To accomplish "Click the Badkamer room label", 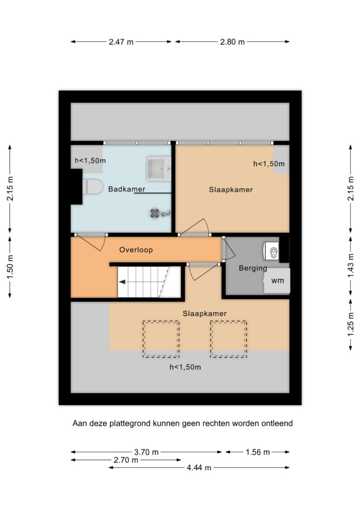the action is tap(127, 189).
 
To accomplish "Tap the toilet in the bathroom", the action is tap(92, 187).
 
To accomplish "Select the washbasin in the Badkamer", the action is tap(159, 169).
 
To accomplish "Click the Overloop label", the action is tap(136, 250).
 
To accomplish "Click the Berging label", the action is tap(253, 268).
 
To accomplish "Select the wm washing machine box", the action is tap(277, 281).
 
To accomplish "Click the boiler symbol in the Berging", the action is tap(271, 251).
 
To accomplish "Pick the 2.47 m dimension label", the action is tap(121, 42).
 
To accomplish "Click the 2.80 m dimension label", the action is tap(232, 42).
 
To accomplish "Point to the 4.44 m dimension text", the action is tap(199, 468).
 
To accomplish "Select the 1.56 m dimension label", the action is tap(258, 452).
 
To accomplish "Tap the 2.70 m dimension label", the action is tap(126, 460).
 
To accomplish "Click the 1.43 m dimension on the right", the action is tap(351, 265).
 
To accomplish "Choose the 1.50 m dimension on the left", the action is tap(10, 266).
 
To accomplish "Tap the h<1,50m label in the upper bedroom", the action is tap(269, 164).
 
